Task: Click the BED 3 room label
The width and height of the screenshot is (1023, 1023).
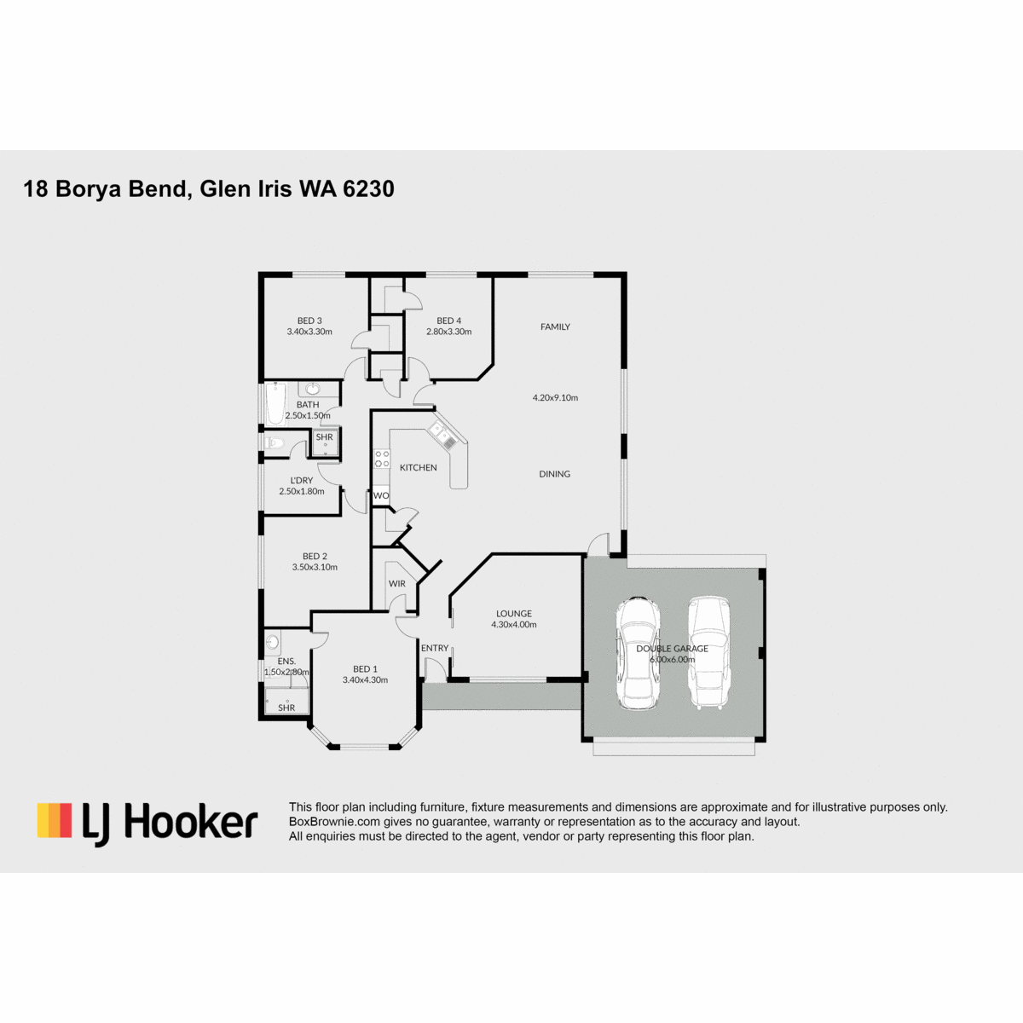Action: pyautogui.click(x=309, y=321)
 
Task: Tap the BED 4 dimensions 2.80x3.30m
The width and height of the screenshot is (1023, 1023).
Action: pyautogui.click(x=448, y=332)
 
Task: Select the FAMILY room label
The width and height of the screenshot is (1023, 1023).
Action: pyautogui.click(x=555, y=327)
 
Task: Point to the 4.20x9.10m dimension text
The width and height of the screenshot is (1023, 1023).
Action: pyautogui.click(x=555, y=397)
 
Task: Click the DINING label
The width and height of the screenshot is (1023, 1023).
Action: pyautogui.click(x=555, y=474)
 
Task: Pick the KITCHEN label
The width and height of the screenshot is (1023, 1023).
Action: pyautogui.click(x=419, y=468)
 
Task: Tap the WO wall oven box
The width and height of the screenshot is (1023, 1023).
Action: pyautogui.click(x=380, y=496)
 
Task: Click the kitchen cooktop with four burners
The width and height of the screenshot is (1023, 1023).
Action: pyautogui.click(x=382, y=459)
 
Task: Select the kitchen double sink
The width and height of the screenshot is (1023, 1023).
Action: pyautogui.click(x=442, y=436)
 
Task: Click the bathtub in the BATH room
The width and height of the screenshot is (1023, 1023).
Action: pyautogui.click(x=276, y=403)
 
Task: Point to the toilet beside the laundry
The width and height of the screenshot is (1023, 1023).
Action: pyautogui.click(x=274, y=442)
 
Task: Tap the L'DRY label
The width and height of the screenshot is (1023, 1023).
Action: pyautogui.click(x=302, y=481)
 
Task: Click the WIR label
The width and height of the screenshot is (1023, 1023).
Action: pyautogui.click(x=397, y=583)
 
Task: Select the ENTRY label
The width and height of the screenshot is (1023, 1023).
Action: pyautogui.click(x=435, y=648)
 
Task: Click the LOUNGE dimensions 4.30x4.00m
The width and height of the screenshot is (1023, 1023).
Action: pyautogui.click(x=514, y=625)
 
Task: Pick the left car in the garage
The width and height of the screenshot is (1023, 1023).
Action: pyautogui.click(x=638, y=654)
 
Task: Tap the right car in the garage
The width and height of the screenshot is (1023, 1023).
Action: pyautogui.click(x=709, y=653)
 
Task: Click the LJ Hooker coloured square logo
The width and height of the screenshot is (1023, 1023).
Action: pyautogui.click(x=55, y=820)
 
